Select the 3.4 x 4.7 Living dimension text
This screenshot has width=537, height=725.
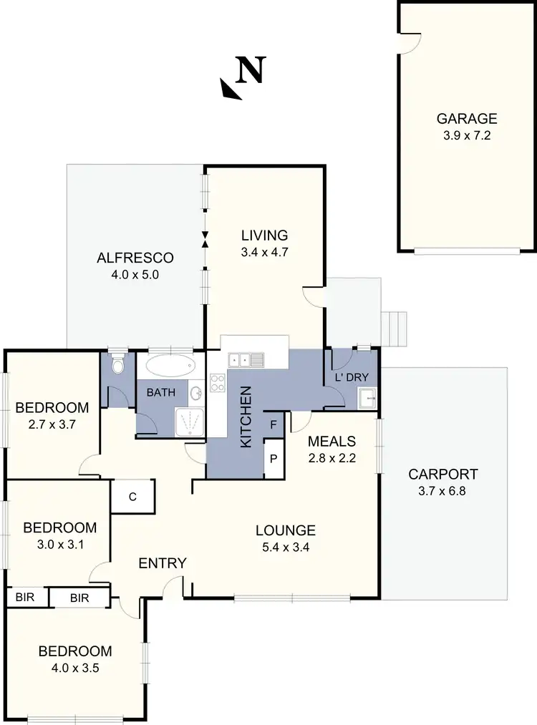tap(264, 251)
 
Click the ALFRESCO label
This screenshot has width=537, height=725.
tap(135, 258)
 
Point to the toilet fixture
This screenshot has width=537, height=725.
tap(118, 364)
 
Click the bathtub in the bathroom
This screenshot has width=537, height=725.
tap(170, 366)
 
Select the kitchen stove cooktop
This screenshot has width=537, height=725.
tap(218, 383)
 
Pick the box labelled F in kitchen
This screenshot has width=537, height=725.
tap(274, 424)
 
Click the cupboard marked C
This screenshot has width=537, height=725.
tap(132, 497)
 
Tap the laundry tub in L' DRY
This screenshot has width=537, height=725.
tap(367, 396)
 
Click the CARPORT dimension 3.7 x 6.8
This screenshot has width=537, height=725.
tap(442, 491)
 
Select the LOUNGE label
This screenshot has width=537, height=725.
tap(286, 530)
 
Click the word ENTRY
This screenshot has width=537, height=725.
tap(163, 563)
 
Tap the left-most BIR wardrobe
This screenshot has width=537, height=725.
tap(25, 597)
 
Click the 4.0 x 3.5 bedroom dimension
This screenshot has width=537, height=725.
tap(74, 668)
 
